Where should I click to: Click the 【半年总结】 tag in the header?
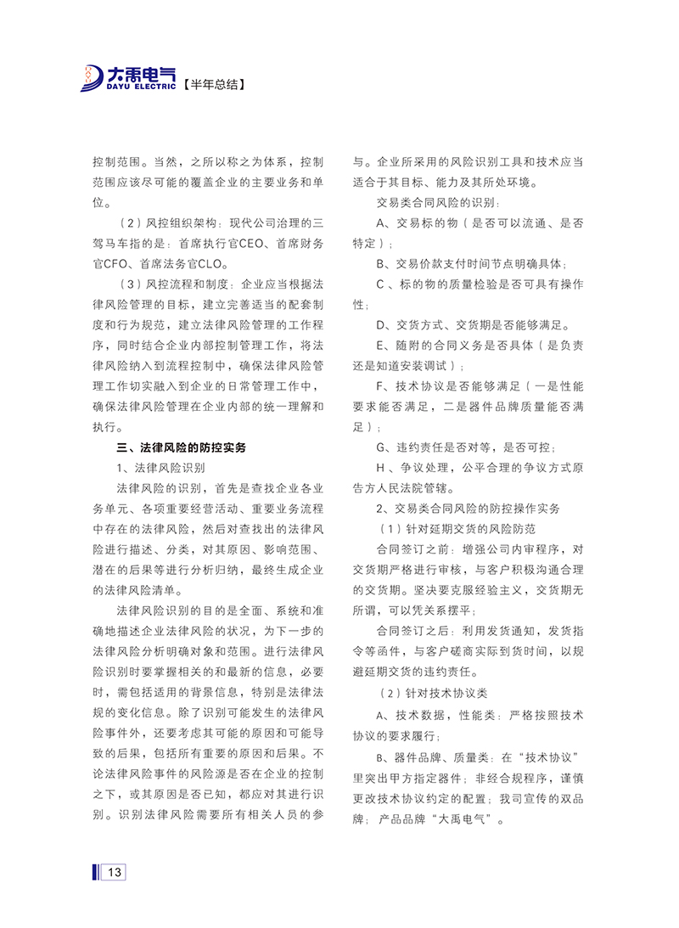(x=215, y=84)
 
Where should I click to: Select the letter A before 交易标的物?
(x=381, y=222)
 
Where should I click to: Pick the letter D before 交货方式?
(x=381, y=324)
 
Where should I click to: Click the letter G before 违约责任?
(x=381, y=447)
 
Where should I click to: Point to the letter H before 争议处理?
(x=381, y=467)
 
